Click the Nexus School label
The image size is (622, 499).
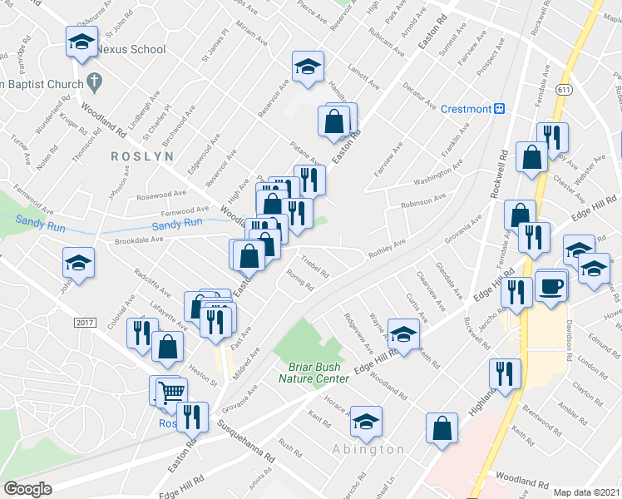(131, 49)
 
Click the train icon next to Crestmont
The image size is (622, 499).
(501, 108)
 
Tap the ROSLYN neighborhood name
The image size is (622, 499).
(142, 156)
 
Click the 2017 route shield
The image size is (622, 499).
(86, 321)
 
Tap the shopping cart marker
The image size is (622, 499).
(171, 391)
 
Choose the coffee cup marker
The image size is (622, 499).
(551, 285)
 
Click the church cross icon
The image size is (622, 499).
(95, 83)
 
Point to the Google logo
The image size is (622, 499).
(27, 488)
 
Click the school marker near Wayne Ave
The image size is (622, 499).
(402, 334)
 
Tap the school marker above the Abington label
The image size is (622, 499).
(365, 421)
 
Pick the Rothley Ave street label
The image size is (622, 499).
(387, 244)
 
